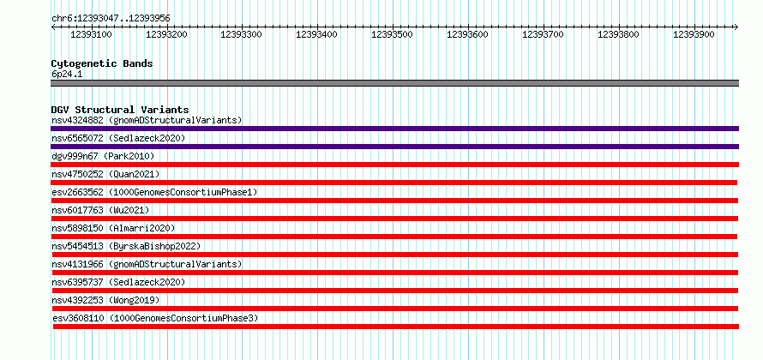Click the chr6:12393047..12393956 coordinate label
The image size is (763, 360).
point(111,19)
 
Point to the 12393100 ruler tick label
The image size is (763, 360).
point(92,34)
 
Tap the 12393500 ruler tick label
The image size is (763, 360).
point(392,34)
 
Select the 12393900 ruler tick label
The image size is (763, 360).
point(694,34)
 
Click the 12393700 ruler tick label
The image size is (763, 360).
point(543,34)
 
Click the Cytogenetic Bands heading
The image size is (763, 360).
point(102,63)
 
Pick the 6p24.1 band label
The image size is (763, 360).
point(68,74)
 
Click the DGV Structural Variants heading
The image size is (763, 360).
point(120,110)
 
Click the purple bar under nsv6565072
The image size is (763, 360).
point(394,147)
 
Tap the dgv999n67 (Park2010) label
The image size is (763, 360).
point(103,156)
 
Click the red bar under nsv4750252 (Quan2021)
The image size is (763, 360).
point(394,183)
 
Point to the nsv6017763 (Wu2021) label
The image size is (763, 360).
point(100,210)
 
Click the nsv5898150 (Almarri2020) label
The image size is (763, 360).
point(113,228)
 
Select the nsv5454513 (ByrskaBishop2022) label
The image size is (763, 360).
point(125,246)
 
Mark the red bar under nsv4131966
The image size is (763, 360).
point(394,273)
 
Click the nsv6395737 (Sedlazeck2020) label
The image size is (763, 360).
point(118,282)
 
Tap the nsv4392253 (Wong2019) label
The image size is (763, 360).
point(105,300)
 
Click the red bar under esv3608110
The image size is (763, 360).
point(396,327)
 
